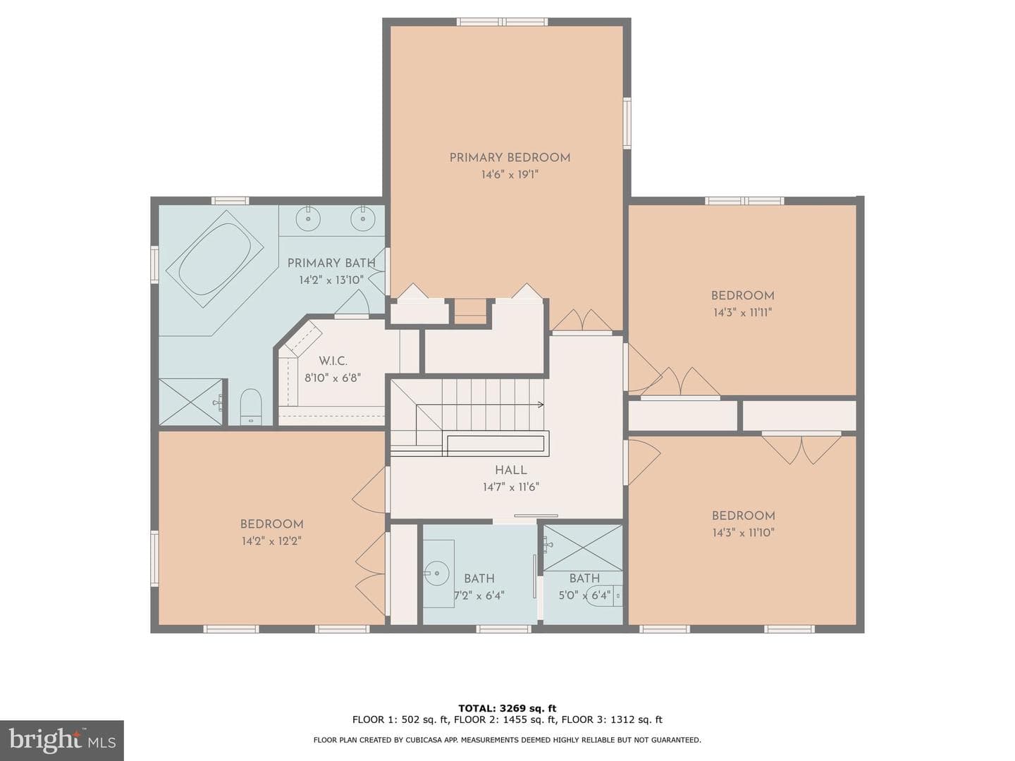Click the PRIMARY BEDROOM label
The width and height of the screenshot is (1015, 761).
[x=510, y=158]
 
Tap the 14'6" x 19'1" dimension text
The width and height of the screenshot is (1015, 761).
[x=510, y=175]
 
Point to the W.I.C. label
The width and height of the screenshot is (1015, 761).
[x=333, y=361]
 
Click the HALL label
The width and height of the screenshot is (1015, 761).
[x=511, y=470]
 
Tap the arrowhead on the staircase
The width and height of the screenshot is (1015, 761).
[x=541, y=404]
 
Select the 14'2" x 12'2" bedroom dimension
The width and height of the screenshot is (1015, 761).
[x=271, y=541]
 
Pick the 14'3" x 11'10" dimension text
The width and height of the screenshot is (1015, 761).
[x=743, y=532]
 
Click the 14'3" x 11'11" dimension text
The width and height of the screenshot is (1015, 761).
[x=743, y=312]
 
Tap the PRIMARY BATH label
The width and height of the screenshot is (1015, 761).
[x=331, y=263]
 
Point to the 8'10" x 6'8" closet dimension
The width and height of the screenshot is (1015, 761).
[x=333, y=378]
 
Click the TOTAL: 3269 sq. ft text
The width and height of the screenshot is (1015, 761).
[x=508, y=708]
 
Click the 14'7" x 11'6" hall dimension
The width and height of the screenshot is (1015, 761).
[x=511, y=487]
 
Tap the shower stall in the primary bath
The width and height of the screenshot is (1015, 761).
[x=191, y=402]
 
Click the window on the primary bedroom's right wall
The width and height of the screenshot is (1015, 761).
[x=627, y=123]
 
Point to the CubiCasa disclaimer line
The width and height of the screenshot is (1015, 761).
[x=508, y=740]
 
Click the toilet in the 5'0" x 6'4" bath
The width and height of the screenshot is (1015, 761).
[x=605, y=596]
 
